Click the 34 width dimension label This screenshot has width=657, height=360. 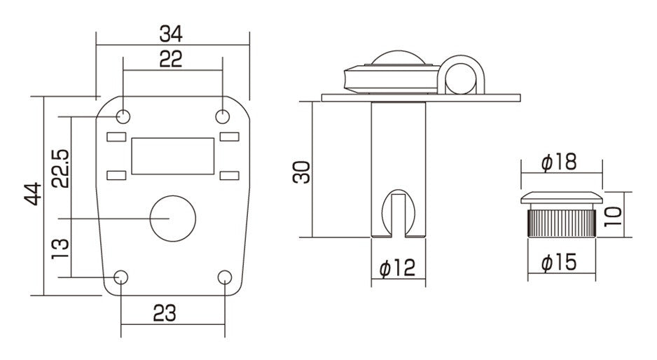[x=173, y=34]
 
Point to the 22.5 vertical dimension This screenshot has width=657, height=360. [x=60, y=168]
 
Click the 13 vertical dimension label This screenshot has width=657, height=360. [x=60, y=247]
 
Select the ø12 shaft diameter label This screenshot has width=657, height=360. [x=397, y=268]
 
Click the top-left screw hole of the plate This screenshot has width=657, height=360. [x=123, y=116]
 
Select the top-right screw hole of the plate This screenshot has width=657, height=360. [x=223, y=116]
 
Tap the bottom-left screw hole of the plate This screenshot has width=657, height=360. [x=121, y=277]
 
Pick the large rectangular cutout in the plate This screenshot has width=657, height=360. [x=172, y=155]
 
